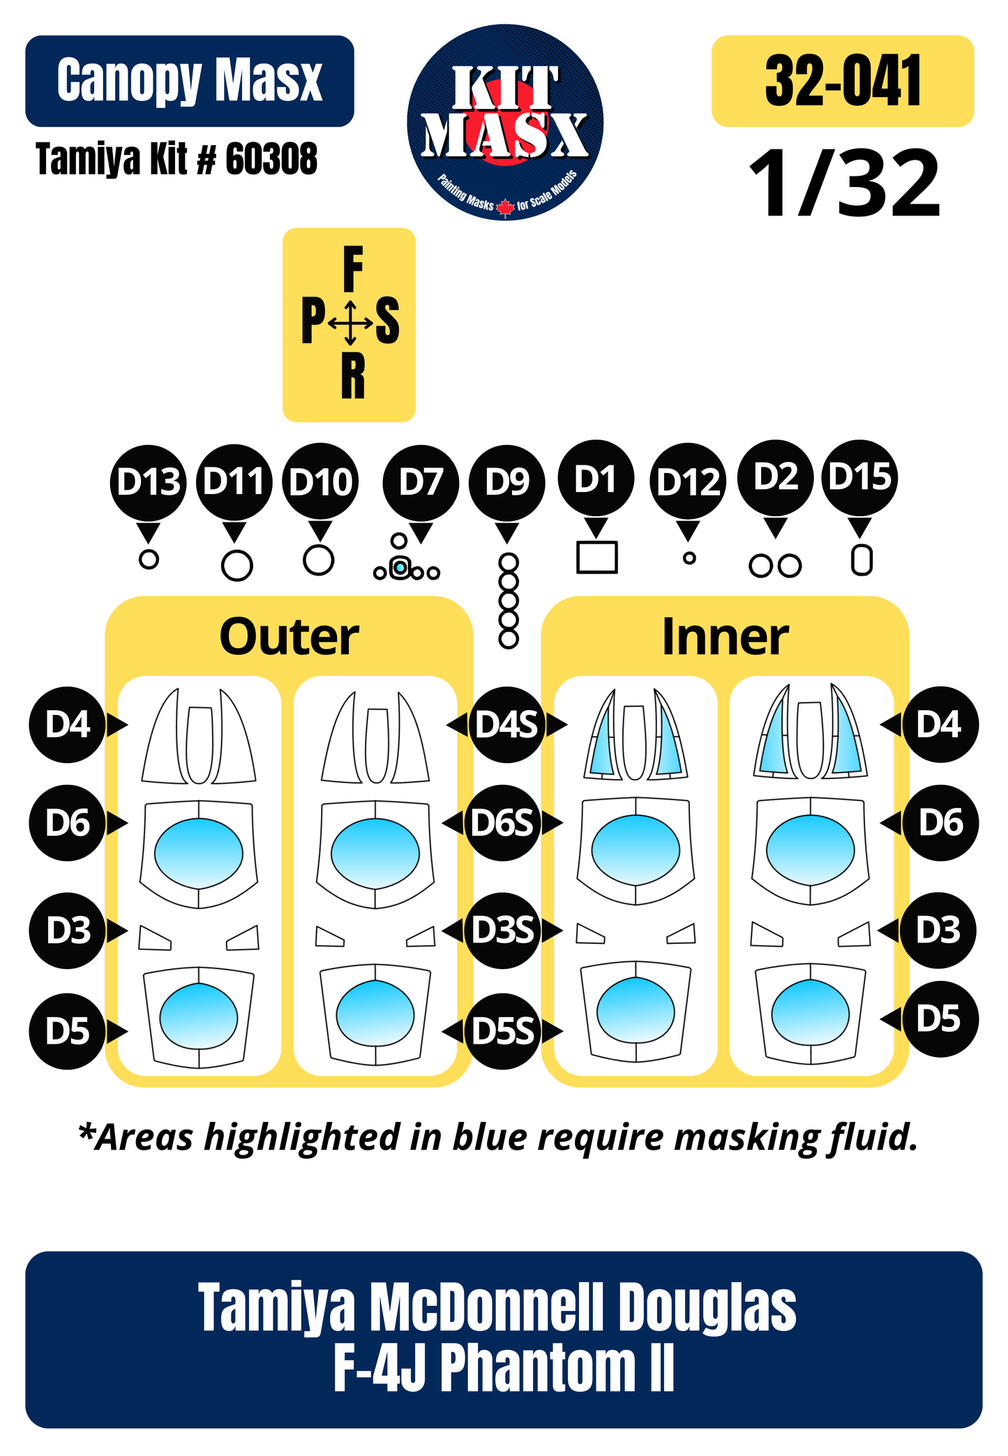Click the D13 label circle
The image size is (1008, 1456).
coord(148,482)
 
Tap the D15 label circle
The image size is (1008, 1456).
coord(860,478)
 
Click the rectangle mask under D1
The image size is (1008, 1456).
coord(596,557)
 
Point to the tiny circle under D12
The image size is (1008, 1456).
coord(689,558)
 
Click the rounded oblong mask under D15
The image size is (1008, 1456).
coord(862,560)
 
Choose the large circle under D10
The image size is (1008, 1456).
coord(319,560)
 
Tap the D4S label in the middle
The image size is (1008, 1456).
coord(506,725)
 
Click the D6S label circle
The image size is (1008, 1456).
coord(502,823)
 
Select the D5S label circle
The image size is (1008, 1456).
coord(503,1031)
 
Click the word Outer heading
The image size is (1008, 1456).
coord(289,637)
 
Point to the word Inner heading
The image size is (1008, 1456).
coord(725,637)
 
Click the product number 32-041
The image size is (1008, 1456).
coord(843,81)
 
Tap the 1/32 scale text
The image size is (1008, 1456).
coord(845,184)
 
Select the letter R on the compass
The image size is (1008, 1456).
coord(353,375)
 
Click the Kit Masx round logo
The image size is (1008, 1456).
coord(505,123)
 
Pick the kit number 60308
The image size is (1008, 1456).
coord(271,159)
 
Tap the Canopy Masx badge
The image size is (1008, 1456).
coord(190,81)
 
